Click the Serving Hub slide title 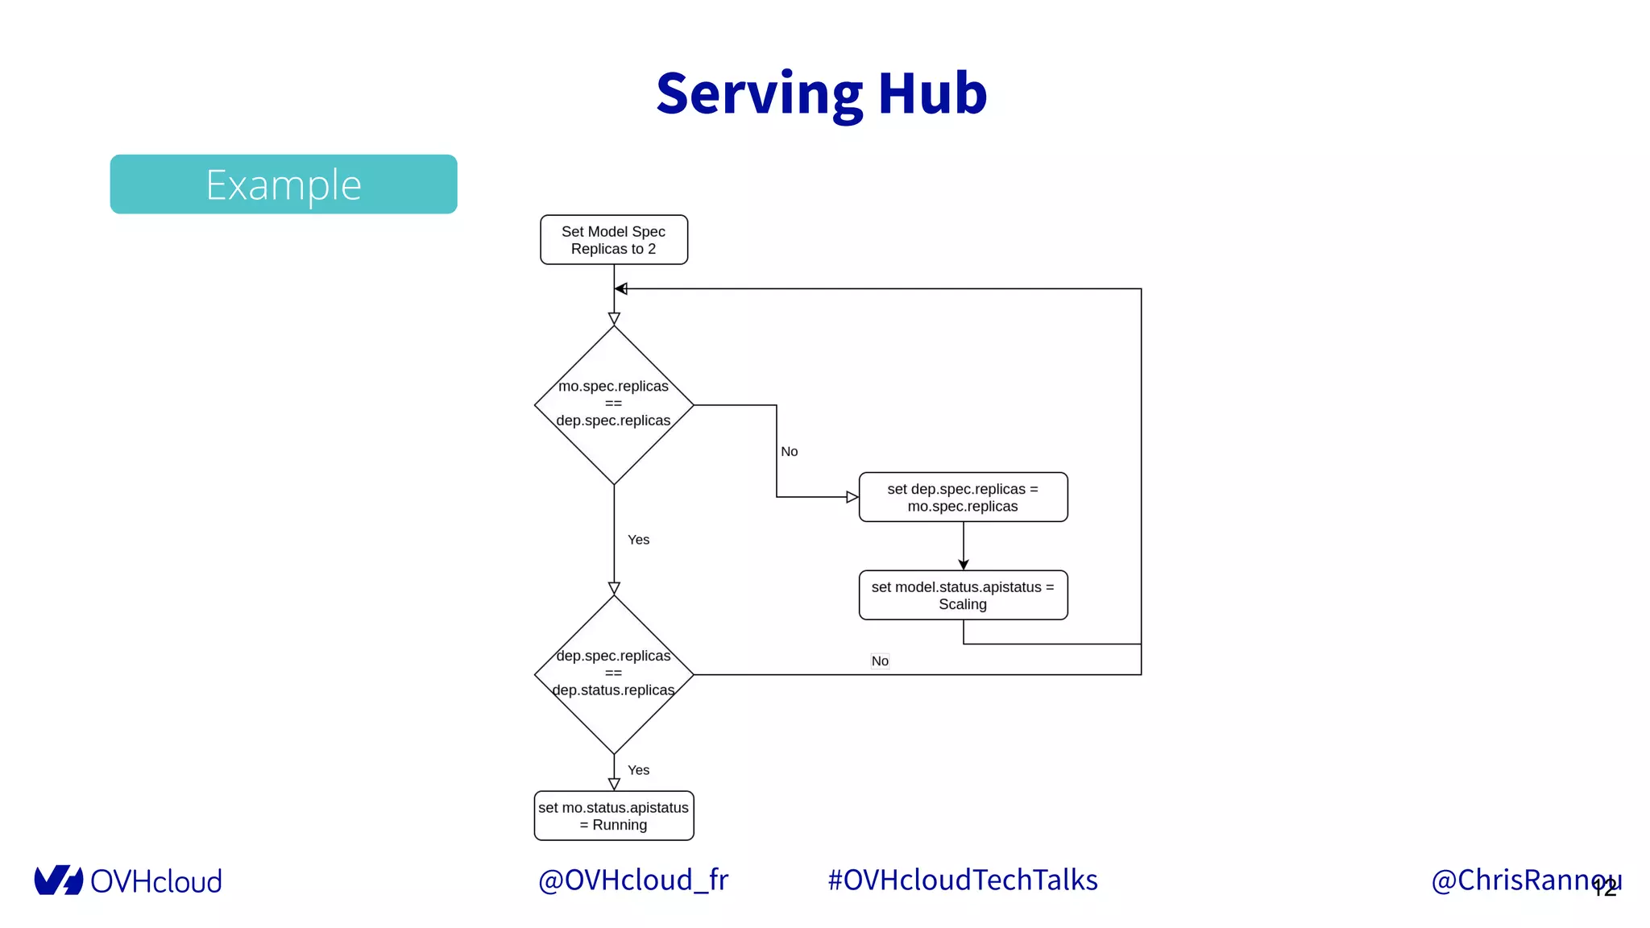tap(821, 93)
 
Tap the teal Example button tap(284, 184)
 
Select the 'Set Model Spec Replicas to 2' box tap(614, 240)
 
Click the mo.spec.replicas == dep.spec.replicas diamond tap(614, 404)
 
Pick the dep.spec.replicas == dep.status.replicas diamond tap(614, 673)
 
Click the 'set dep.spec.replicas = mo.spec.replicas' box tap(963, 498)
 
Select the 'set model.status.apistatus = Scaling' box tap(963, 595)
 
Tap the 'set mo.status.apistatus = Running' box tap(614, 816)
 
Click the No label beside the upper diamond tap(790, 452)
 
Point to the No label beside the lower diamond tap(880, 661)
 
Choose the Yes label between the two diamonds tap(638, 540)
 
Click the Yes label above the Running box tap(638, 770)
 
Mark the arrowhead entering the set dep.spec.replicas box tap(852, 497)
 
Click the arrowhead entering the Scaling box tap(964, 565)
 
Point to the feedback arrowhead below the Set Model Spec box tap(620, 288)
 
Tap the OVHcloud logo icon tap(58, 880)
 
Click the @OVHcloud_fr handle tap(632, 880)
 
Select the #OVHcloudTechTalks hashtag tap(963, 880)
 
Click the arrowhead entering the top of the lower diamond tap(614, 589)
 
